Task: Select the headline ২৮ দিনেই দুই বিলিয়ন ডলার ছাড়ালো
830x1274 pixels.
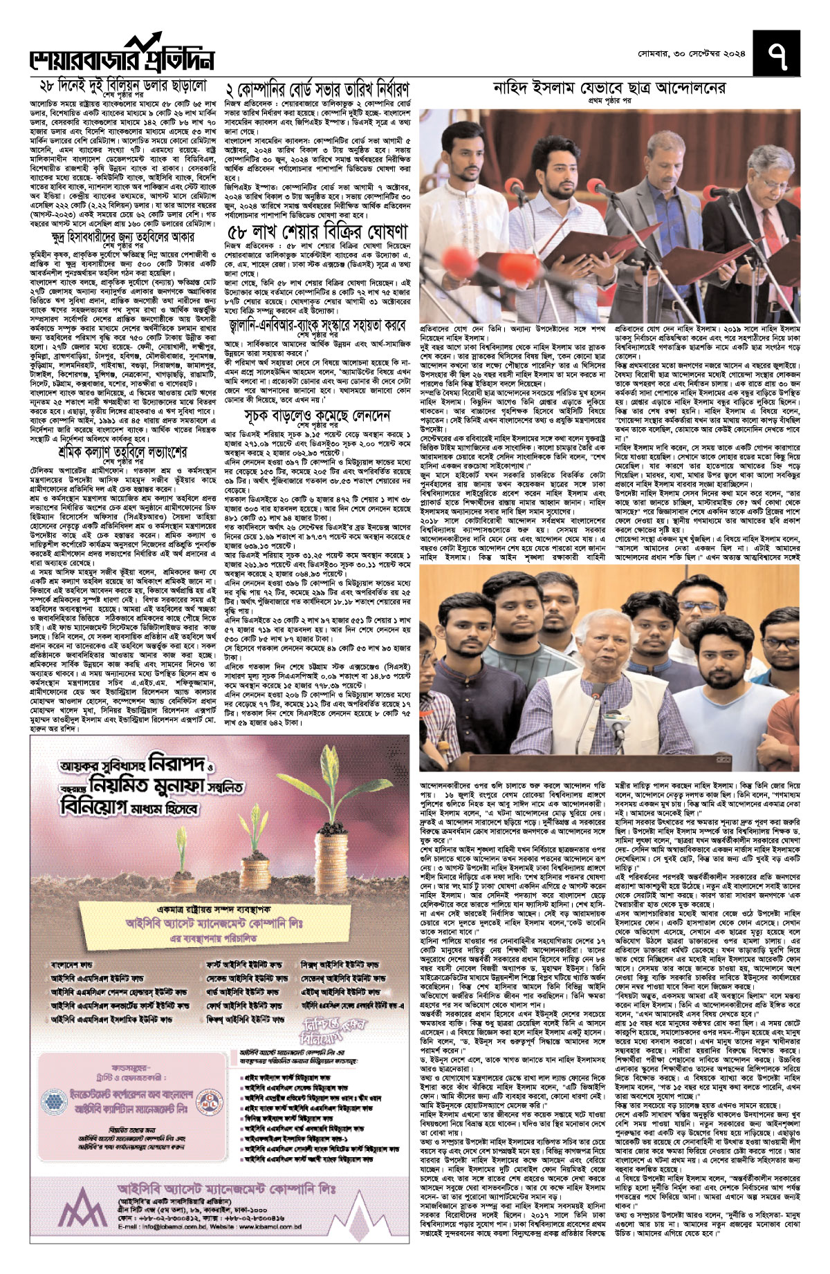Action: (123, 86)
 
